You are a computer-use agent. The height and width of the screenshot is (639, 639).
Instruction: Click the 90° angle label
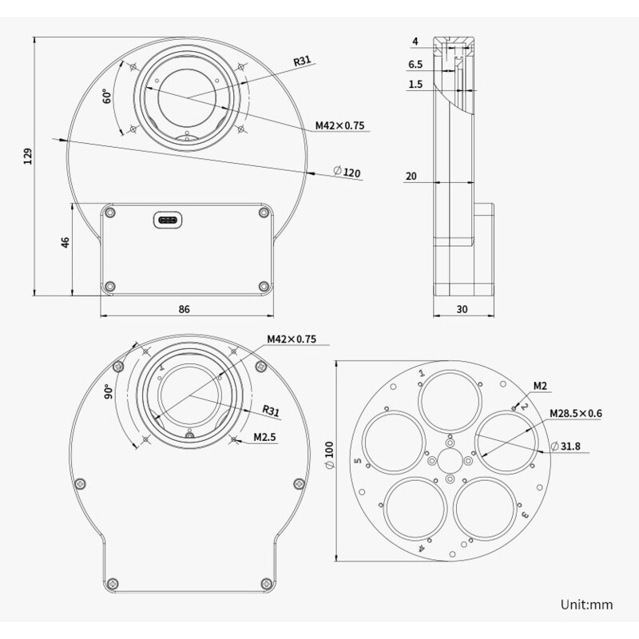(108, 392)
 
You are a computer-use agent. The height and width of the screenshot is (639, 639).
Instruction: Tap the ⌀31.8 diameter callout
(569, 445)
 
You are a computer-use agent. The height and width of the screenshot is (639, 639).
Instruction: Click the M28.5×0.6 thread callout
(575, 415)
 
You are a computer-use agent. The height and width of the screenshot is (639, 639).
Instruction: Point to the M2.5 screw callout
(264, 437)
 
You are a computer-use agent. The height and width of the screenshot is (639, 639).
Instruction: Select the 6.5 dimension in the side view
(415, 64)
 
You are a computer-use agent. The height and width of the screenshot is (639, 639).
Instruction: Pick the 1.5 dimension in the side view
(415, 84)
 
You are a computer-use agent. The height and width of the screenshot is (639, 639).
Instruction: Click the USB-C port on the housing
(169, 219)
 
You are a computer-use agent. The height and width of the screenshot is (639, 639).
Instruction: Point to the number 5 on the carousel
(359, 462)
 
